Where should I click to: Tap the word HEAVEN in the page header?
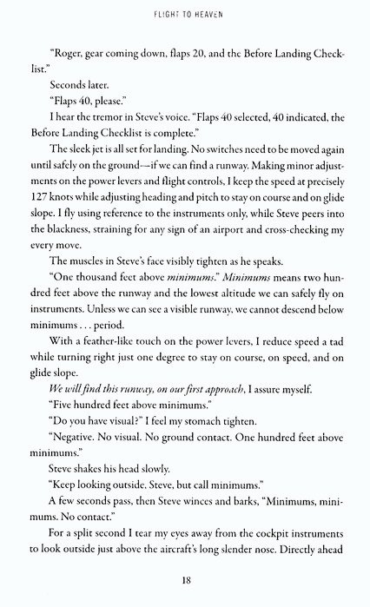coord(216,14)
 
